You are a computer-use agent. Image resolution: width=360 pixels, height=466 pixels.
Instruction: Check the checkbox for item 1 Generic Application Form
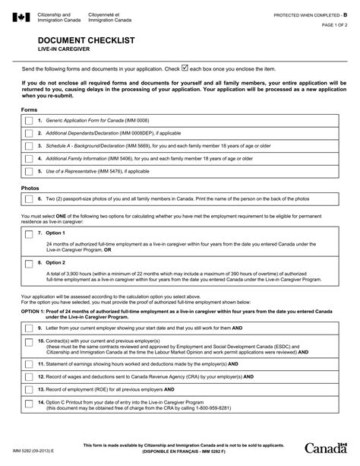click(29, 121)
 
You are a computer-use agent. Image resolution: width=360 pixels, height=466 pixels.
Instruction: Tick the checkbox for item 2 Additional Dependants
click(29, 133)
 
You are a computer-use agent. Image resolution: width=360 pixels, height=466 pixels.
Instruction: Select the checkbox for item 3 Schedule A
click(29, 146)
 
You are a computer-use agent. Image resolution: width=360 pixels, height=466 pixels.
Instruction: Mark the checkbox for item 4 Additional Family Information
click(29, 158)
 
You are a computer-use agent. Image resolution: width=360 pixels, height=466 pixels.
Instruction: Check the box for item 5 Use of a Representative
click(29, 171)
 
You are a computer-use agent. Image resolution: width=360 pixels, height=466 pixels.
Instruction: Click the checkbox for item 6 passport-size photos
click(29, 199)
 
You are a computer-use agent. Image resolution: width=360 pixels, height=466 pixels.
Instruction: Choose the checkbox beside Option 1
click(29, 233)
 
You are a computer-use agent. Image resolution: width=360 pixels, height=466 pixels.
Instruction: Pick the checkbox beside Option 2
click(29, 262)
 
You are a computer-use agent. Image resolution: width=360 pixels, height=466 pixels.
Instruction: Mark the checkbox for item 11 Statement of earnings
click(29, 364)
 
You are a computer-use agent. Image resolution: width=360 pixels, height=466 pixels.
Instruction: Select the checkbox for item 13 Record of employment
click(29, 389)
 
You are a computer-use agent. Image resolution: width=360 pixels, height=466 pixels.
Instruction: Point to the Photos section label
click(29, 187)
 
